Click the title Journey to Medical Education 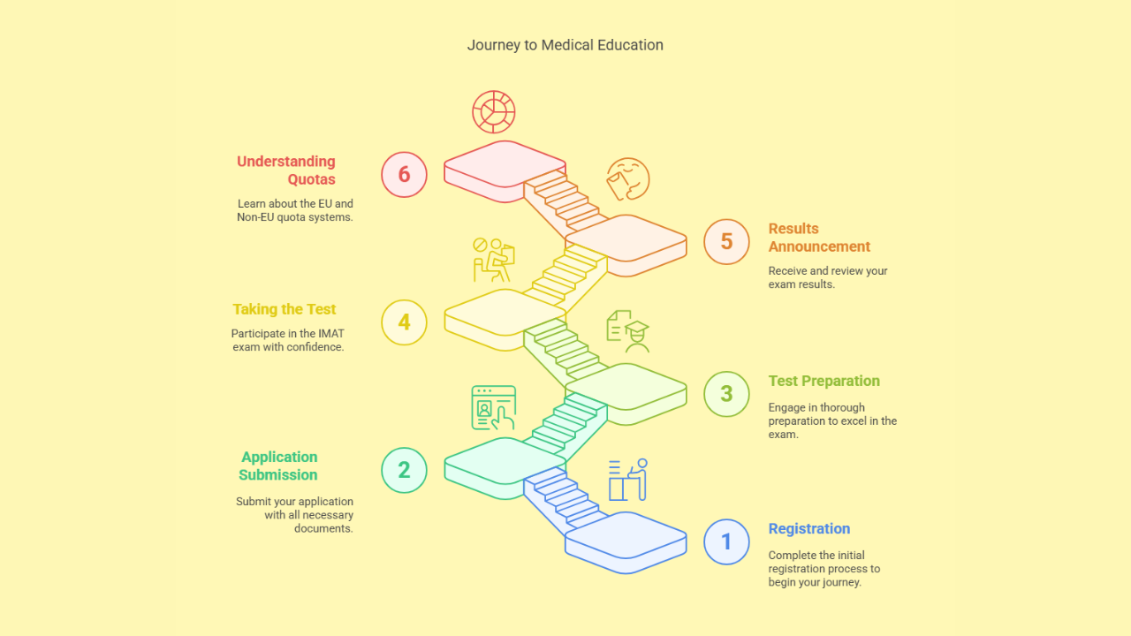tap(565, 45)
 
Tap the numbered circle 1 tap(726, 541)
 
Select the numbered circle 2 tap(404, 470)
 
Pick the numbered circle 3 tap(726, 394)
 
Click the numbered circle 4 tap(404, 322)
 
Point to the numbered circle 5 tap(726, 242)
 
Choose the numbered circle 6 tap(404, 174)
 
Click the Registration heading tap(808, 529)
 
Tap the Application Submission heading tap(278, 466)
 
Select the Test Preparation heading tap(824, 382)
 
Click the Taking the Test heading tap(285, 309)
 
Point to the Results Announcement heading tap(819, 238)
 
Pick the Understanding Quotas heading tap(286, 170)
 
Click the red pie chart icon tap(494, 112)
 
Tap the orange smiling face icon tap(627, 178)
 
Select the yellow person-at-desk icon tap(492, 260)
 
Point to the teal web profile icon tap(493, 407)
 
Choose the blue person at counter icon tap(628, 480)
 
